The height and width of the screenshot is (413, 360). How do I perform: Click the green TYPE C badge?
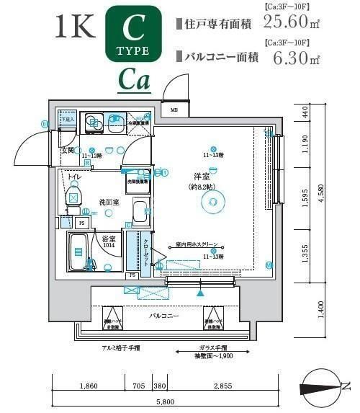(x=133, y=34)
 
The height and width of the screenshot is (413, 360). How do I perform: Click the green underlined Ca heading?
(x=134, y=81)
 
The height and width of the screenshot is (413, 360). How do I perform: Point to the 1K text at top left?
(x=74, y=27)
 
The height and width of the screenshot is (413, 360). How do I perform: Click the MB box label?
(x=174, y=110)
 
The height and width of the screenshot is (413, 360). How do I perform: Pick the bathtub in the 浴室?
(x=79, y=253)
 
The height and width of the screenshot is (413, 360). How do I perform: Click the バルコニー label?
(x=165, y=316)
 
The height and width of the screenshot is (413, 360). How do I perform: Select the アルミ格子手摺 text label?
(x=119, y=347)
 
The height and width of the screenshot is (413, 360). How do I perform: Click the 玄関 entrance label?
(x=68, y=151)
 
